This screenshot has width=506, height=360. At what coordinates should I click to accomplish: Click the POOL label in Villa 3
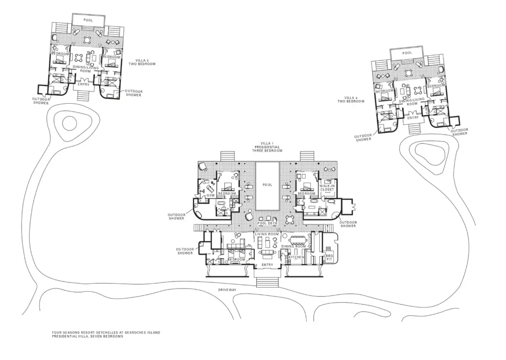point(88,20)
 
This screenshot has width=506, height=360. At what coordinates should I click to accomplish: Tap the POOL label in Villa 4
point(407,53)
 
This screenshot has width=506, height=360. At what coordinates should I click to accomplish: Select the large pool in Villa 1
point(267,186)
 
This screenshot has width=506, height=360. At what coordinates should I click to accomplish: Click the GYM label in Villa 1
point(210,195)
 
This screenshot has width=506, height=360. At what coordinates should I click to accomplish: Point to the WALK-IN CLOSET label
point(327,188)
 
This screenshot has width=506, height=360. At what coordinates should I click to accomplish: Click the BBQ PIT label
point(329,257)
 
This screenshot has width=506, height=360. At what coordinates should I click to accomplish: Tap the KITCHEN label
point(296,257)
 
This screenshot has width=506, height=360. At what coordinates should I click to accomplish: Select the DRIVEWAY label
point(227,290)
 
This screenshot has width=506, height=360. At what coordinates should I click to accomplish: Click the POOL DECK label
point(267,224)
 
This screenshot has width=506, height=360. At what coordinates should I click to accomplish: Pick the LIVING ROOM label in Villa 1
point(267,234)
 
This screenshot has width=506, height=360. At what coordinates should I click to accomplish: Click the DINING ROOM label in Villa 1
point(293,247)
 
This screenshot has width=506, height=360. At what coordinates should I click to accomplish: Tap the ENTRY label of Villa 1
point(267,265)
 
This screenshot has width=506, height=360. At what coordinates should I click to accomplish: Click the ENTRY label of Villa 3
point(84,85)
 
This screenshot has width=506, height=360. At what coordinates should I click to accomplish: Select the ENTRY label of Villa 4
point(413,118)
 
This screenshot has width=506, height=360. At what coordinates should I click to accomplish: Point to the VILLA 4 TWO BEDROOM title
point(351,99)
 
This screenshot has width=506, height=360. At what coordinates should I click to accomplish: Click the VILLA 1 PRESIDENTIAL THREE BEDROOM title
point(267,147)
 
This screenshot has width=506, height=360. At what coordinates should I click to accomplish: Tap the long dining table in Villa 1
point(299,241)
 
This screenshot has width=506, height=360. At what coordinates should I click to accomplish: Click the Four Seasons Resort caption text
point(106,334)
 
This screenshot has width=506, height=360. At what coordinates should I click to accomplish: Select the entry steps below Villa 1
point(267,282)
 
